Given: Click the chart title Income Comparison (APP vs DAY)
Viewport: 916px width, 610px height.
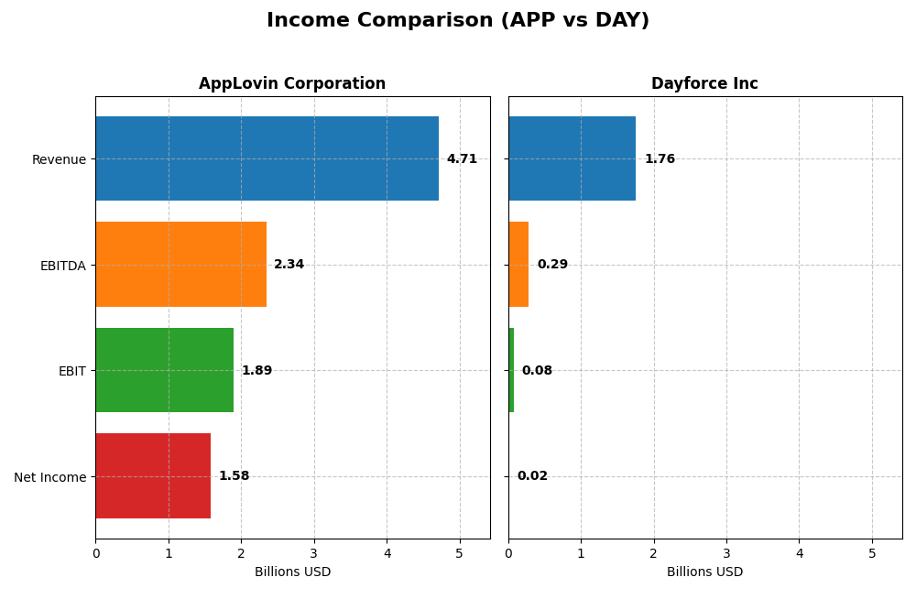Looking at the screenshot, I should pos(457,20).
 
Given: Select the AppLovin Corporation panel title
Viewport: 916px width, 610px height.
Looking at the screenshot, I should pos(292,83).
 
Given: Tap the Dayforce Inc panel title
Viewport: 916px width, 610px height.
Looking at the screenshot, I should pos(704,83).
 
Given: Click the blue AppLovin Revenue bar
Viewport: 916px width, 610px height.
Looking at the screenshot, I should pos(267,158).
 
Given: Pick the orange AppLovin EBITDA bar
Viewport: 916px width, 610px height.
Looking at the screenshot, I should pos(180,265).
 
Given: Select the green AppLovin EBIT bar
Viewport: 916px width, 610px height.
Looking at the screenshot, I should pos(164,370).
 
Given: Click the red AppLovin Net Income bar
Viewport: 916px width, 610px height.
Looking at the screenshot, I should pos(153,476).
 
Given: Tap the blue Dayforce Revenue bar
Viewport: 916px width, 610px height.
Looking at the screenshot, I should pos(572,158).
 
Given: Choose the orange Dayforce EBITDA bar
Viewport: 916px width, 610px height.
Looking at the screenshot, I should pos(518,265).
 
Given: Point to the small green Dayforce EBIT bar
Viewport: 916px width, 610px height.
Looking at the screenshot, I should pos(511,370).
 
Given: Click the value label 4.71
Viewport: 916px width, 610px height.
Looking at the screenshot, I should pos(462,158).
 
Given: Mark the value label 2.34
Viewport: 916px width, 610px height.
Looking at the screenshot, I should pos(289,265).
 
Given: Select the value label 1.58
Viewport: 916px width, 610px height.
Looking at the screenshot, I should pos(234,476).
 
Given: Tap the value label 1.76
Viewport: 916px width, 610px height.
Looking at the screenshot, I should pos(660,158).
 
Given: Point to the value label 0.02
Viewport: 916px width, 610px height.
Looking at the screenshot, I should pos(532,476).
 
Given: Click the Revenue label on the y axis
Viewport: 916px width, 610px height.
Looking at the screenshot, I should pos(59,159).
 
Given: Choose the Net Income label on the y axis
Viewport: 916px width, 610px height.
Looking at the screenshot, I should pos(49,477).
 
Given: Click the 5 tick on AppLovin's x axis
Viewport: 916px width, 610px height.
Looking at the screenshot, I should pos(460,553).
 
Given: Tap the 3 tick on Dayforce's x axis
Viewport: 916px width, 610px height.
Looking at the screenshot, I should pos(726,553).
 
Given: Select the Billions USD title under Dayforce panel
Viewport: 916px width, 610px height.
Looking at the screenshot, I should pos(704,572).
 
